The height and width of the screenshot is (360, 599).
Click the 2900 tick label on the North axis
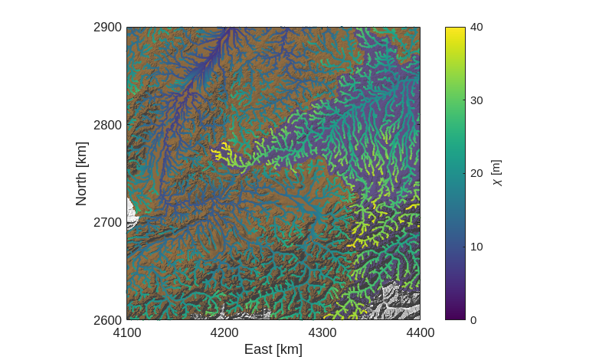click(x=108, y=27)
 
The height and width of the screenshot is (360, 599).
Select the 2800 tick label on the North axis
click(x=108, y=124)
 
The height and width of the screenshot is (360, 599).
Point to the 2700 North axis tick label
click(x=108, y=222)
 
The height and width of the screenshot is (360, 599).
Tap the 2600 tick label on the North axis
click(x=108, y=319)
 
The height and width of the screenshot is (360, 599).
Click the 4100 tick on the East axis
click(x=126, y=332)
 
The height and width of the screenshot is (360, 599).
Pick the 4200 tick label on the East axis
click(x=224, y=332)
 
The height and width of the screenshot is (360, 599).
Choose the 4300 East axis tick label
click(x=322, y=332)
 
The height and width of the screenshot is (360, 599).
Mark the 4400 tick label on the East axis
click(x=420, y=332)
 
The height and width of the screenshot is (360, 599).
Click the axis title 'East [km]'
click(x=273, y=349)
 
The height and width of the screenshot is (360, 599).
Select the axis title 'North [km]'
click(x=81, y=173)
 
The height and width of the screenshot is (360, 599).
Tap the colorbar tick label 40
click(x=476, y=27)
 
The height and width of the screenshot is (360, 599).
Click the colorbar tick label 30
click(x=476, y=100)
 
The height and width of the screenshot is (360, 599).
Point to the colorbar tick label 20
click(x=476, y=173)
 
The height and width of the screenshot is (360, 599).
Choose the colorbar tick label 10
click(x=476, y=247)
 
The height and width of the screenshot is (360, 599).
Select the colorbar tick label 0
click(x=473, y=319)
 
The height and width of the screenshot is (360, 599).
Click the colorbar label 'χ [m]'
click(x=497, y=173)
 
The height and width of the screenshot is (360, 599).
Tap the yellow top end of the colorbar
click(x=455, y=30)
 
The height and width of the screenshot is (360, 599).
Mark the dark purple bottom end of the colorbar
click(x=455, y=316)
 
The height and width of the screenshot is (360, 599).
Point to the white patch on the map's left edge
click(x=132, y=212)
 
